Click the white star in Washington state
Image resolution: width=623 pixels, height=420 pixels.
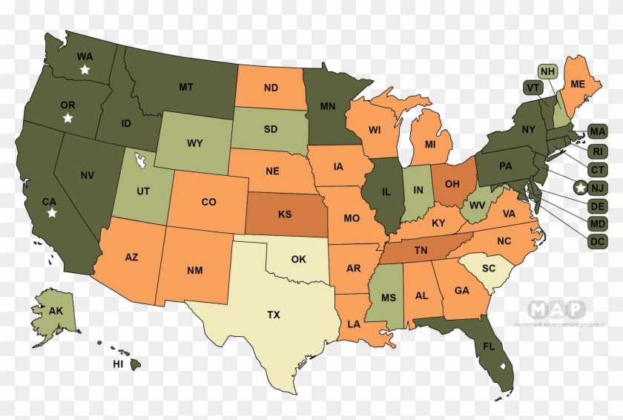tap(85, 70)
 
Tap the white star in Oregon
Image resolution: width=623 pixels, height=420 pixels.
tap(67, 118)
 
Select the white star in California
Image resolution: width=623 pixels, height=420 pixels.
tap(52, 213)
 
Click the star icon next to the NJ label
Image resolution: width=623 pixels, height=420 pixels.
tap(581, 188)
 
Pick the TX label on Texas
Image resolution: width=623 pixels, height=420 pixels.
tap(274, 315)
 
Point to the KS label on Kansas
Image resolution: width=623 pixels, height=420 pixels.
tap(285, 214)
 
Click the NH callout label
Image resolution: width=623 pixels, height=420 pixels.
tap(548, 72)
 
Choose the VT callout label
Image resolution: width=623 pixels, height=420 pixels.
tap(531, 88)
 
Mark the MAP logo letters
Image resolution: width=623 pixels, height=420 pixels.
tap(556, 309)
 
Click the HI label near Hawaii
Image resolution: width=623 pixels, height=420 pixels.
tap(117, 364)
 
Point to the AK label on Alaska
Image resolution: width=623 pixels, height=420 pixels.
tap(56, 311)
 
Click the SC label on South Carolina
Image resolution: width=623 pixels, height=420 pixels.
tap(488, 268)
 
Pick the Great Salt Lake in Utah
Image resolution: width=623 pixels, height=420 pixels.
tap(139, 159)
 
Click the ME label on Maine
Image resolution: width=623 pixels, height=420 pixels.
tap(576, 84)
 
